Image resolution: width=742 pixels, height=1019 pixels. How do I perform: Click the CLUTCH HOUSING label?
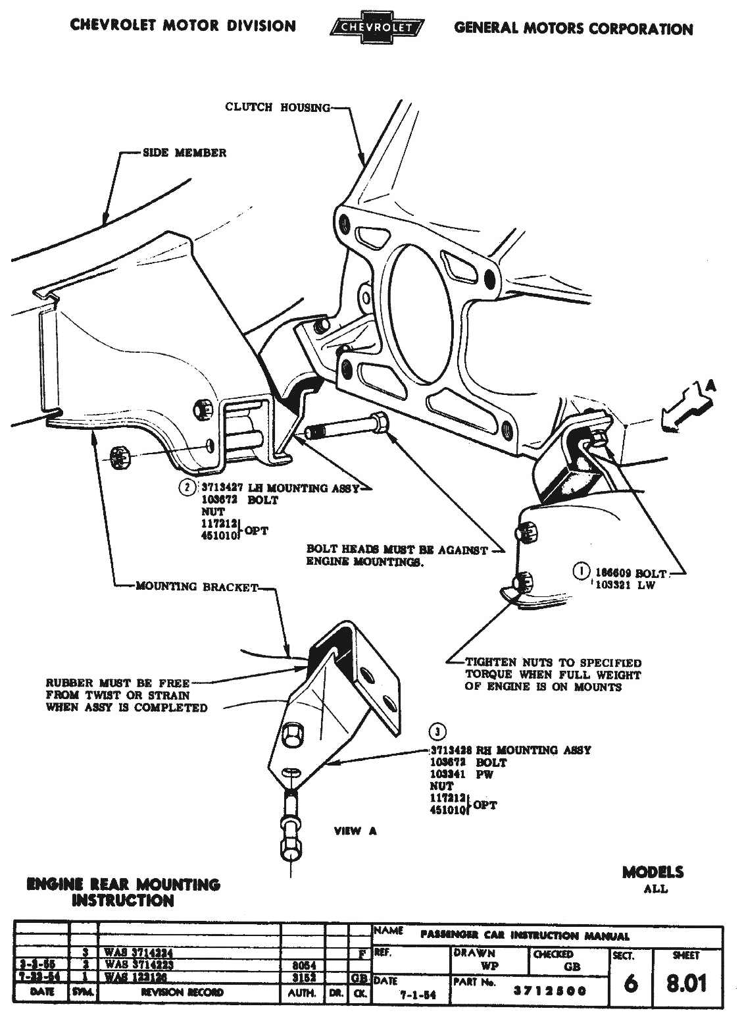point(278,107)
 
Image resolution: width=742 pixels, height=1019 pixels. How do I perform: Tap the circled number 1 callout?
point(581,571)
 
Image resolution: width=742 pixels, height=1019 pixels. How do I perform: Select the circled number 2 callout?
point(188,488)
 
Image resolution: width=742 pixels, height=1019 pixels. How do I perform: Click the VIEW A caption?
point(355,831)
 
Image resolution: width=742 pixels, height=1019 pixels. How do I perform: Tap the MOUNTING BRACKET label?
point(197,587)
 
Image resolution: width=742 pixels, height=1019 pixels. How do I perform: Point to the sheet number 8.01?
point(687,983)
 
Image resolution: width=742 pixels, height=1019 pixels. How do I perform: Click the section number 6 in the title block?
point(631,983)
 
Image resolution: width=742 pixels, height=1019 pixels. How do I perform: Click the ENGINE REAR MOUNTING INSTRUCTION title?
point(123,892)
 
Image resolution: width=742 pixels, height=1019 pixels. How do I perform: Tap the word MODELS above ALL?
point(653,872)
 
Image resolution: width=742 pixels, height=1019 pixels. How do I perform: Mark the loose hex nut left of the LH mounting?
point(120,455)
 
